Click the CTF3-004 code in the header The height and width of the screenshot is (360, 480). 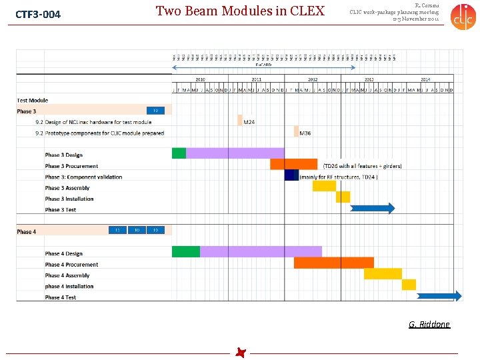pyautogui.click(x=38, y=14)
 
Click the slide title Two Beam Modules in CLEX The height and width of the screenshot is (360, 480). pyautogui.click(x=240, y=11)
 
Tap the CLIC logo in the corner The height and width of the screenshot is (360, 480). pyautogui.click(x=463, y=17)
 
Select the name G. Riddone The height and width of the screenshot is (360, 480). pyautogui.click(x=429, y=325)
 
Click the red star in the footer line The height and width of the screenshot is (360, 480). pyautogui.click(x=240, y=353)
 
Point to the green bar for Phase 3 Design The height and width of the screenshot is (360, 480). pyautogui.click(x=179, y=153)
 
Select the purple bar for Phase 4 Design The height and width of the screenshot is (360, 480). pyautogui.click(x=261, y=251)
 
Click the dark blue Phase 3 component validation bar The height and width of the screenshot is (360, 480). pyautogui.click(x=291, y=175)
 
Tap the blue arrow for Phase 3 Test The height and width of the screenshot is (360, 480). pyautogui.click(x=373, y=208)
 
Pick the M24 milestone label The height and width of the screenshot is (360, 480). pyautogui.click(x=249, y=122)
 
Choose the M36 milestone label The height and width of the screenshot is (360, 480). pyautogui.click(x=305, y=133)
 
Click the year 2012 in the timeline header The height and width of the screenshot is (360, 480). pyautogui.click(x=313, y=79)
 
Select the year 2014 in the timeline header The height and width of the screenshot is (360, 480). pyautogui.click(x=425, y=79)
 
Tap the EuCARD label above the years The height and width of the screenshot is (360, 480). pyautogui.click(x=264, y=65)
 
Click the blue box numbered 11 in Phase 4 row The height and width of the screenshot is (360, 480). pyautogui.click(x=117, y=230)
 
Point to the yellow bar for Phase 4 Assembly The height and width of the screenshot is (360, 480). pyautogui.click(x=383, y=273)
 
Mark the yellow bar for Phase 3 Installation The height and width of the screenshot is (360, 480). pyautogui.click(x=343, y=197)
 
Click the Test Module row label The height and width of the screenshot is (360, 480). pyautogui.click(x=33, y=101)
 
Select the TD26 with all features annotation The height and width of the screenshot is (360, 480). pyautogui.click(x=362, y=166)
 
